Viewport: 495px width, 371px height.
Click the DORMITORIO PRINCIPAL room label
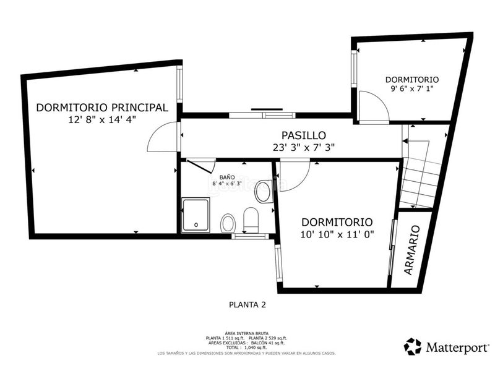click(102, 107)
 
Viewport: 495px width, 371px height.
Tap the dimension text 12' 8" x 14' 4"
click(102, 120)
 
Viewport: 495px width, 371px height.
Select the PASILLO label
click(303, 135)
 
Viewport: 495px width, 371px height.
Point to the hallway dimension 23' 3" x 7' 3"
click(303, 147)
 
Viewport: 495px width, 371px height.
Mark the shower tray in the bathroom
click(195, 215)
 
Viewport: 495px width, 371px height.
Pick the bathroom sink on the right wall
click(264, 192)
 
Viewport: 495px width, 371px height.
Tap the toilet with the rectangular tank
click(251, 219)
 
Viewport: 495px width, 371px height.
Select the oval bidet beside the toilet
click(228, 222)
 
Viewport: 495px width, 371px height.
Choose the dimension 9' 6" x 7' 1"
click(411, 89)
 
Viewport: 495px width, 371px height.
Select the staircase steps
click(421, 173)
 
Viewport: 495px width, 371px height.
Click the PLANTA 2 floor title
click(247, 304)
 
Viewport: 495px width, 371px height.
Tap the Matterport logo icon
click(413, 346)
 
